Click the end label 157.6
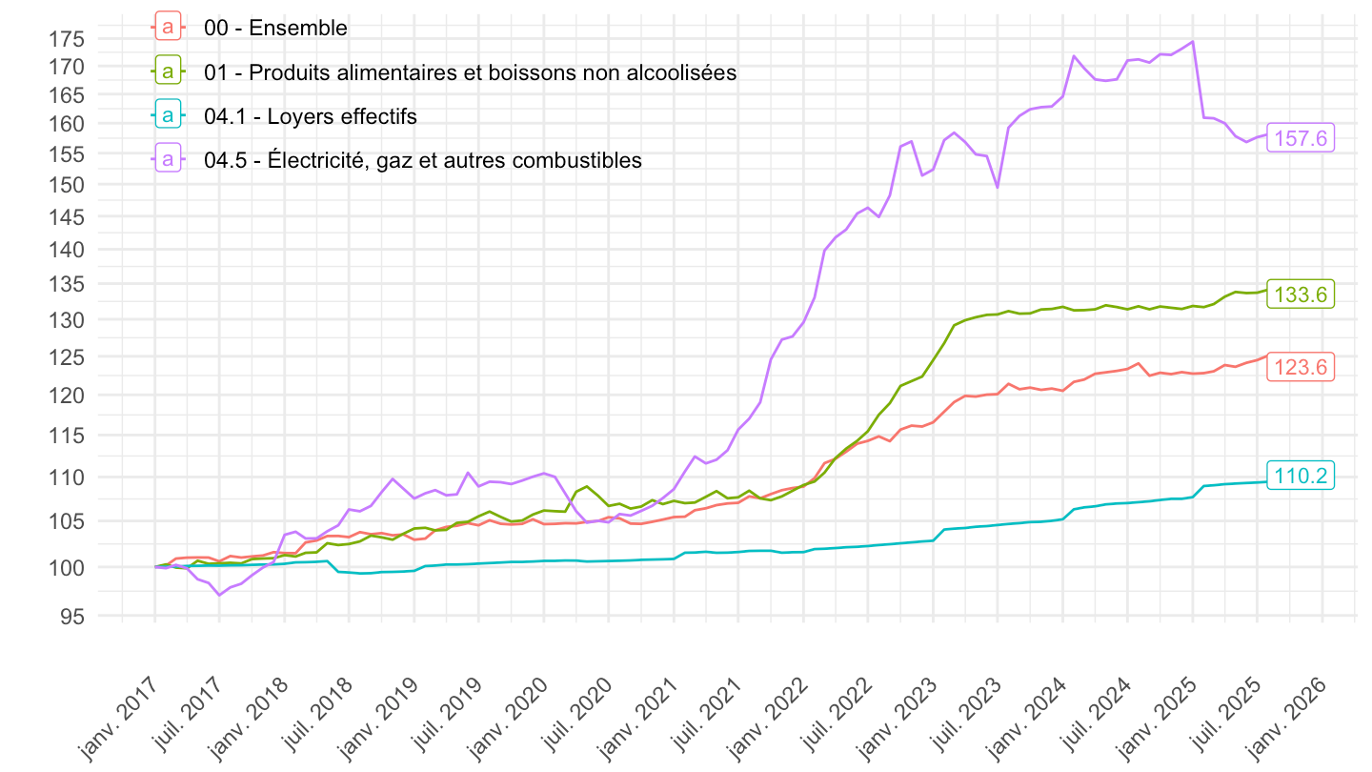point(1301,138)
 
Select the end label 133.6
point(1301,295)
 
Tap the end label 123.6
point(1301,367)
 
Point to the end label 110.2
point(1301,475)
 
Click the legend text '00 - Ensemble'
point(275,28)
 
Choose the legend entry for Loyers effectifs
point(310,116)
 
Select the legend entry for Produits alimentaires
point(470,72)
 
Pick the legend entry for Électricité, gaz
point(422,160)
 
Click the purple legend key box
point(169,160)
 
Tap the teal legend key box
point(169,116)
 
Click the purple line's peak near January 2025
point(1193,42)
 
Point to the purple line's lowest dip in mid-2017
point(219,595)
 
